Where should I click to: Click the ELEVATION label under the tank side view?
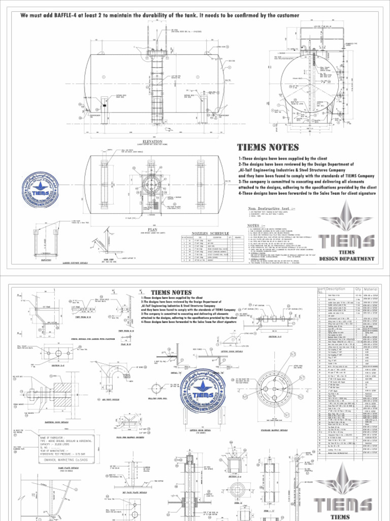[153, 141]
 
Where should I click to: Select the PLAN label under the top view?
[153, 229]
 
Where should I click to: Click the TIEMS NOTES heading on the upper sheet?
[268, 148]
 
